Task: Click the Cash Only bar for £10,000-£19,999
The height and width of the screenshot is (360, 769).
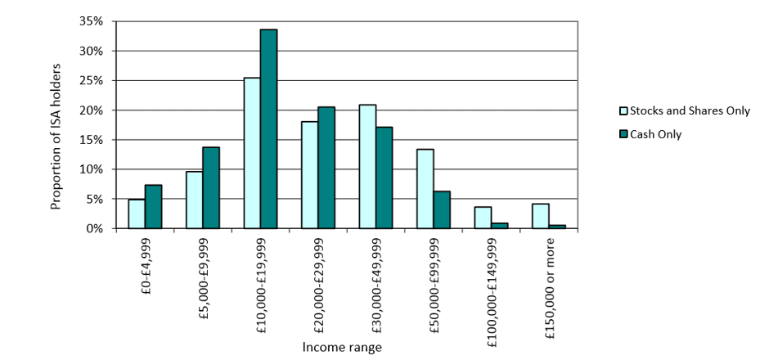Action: point(268,129)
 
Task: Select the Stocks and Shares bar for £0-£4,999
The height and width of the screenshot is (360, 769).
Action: point(137,214)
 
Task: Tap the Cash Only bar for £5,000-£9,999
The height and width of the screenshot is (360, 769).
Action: point(211,188)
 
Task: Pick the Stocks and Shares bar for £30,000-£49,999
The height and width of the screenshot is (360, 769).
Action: point(367,167)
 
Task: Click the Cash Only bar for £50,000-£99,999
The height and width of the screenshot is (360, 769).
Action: point(442,210)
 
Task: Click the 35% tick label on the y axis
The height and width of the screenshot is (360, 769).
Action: point(91,21)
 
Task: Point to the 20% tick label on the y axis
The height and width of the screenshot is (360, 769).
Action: point(91,110)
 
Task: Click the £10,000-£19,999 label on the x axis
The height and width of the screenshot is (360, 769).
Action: point(260,283)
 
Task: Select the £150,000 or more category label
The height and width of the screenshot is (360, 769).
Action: point(548,282)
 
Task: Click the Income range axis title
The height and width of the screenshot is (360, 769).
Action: point(342,347)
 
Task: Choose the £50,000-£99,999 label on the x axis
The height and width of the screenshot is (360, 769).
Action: point(433,283)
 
